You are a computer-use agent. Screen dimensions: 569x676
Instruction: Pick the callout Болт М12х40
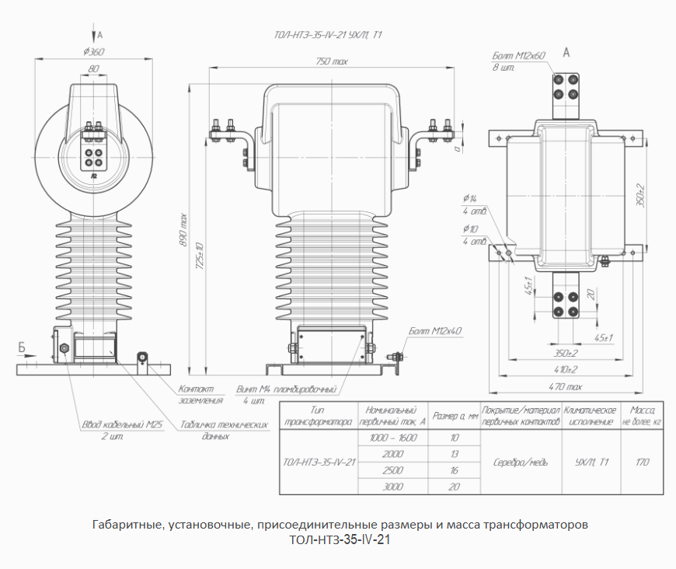[x=434, y=331]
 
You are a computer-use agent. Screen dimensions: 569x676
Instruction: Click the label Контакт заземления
[x=201, y=394]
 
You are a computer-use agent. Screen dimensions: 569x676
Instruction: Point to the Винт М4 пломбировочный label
[x=285, y=388]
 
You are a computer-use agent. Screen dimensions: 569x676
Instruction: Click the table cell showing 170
[x=643, y=462]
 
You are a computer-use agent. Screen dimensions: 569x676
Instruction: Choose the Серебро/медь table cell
[x=521, y=462]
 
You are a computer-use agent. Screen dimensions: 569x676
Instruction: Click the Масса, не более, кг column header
[x=643, y=415]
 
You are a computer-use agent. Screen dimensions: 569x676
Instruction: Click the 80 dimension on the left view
[x=94, y=69]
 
